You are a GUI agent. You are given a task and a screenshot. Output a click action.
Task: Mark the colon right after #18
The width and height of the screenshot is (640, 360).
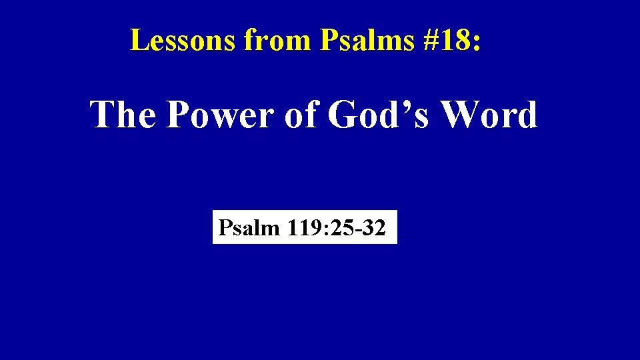click(475, 42)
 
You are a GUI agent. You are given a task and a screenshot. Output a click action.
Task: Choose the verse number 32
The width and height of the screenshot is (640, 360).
click(368, 229)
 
